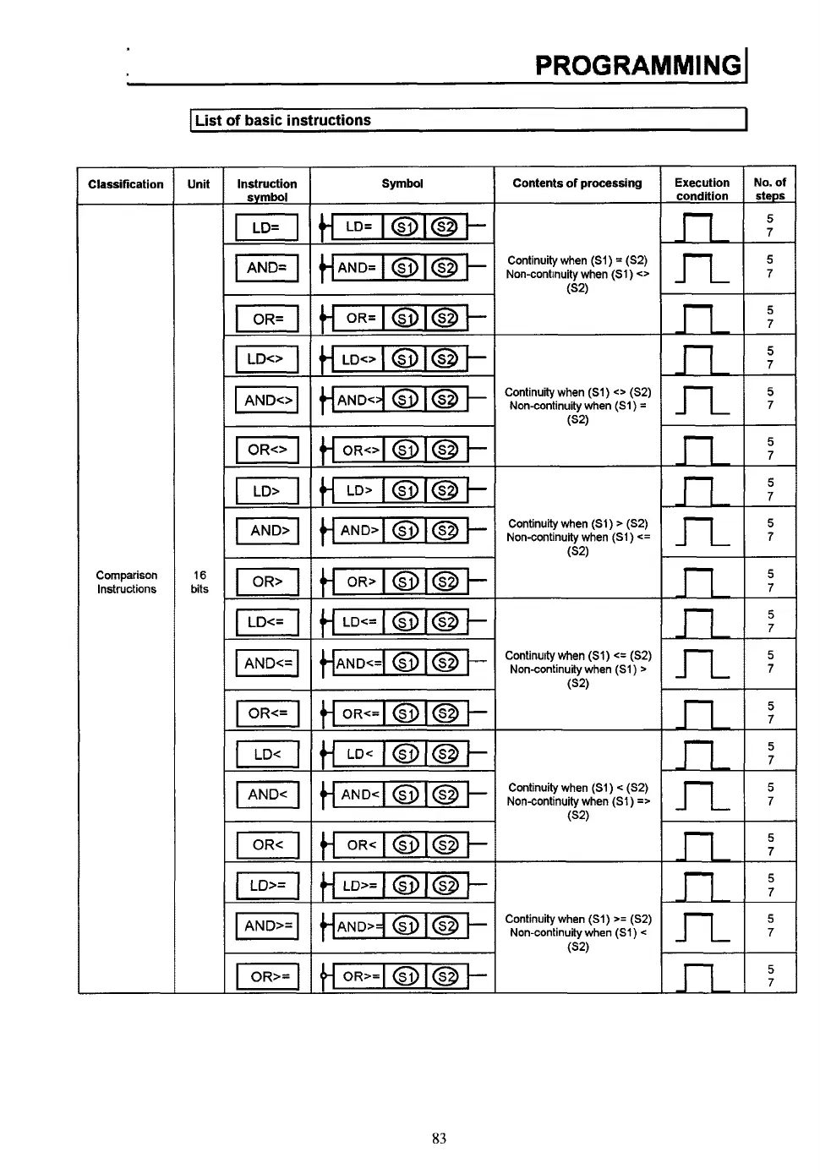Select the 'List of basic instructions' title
pyautogui.click(x=282, y=120)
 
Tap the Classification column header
pyautogui.click(x=125, y=184)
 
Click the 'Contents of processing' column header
pyautogui.click(x=577, y=183)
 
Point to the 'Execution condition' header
pyautogui.click(x=702, y=188)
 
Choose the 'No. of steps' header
pyautogui.click(x=769, y=188)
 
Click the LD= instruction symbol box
pyautogui.click(x=266, y=227)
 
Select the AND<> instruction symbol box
pyautogui.click(x=266, y=400)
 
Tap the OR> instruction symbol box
pyautogui.click(x=266, y=582)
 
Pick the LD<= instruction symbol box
pyautogui.click(x=266, y=623)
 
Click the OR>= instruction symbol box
pyautogui.click(x=267, y=976)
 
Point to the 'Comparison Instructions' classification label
pyautogui.click(x=126, y=582)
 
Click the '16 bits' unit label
pyautogui.click(x=200, y=582)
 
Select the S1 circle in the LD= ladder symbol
pyautogui.click(x=406, y=227)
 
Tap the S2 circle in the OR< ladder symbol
pyautogui.click(x=446, y=845)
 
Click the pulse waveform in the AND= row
pyautogui.click(x=702, y=269)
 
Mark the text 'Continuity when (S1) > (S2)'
pyautogui.click(x=578, y=524)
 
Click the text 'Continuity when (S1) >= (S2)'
pyautogui.click(x=578, y=919)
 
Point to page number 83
pyautogui.click(x=439, y=1139)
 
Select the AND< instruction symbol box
pyautogui.click(x=267, y=794)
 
